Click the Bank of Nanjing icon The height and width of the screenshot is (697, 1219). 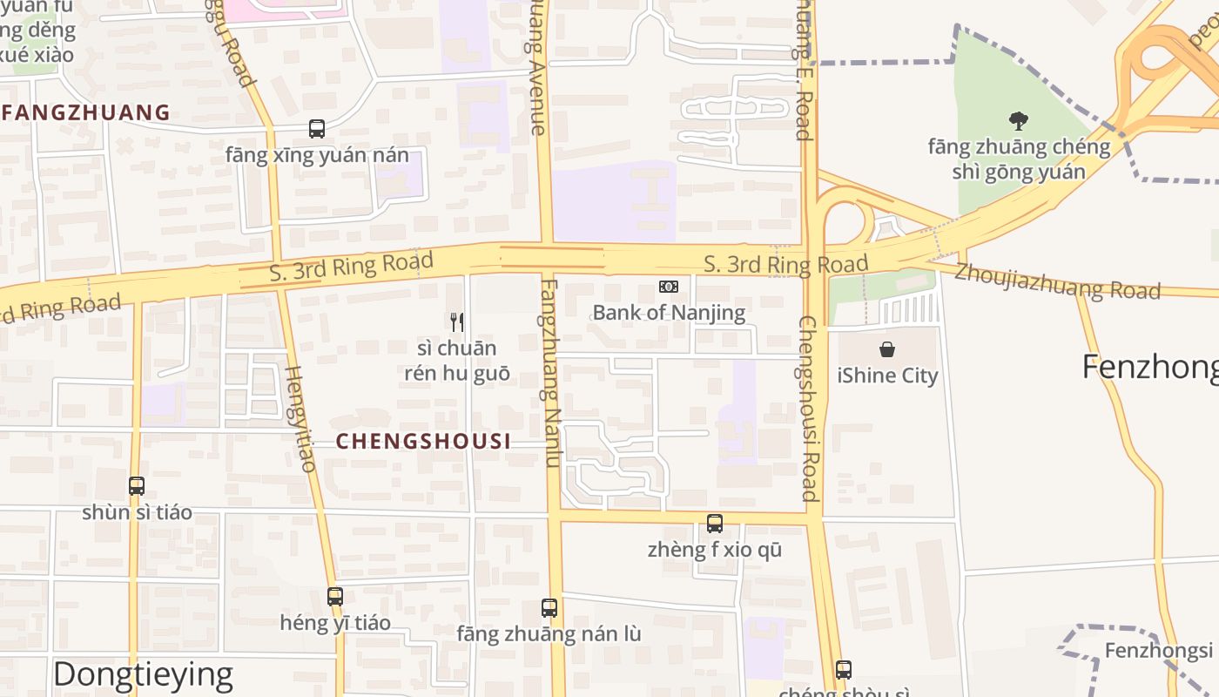pyautogui.click(x=669, y=287)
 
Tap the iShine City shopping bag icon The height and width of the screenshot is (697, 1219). pyautogui.click(x=886, y=349)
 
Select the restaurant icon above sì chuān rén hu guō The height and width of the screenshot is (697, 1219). pyautogui.click(x=457, y=322)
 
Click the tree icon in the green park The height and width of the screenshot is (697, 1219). pyautogui.click(x=1018, y=120)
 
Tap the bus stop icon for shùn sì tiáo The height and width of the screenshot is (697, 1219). pyautogui.click(x=137, y=486)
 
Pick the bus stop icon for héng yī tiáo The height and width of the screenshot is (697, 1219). pyautogui.click(x=335, y=597)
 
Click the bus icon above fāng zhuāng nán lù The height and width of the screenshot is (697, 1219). pyautogui.click(x=549, y=608)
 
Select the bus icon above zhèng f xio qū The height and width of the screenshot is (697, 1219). pyautogui.click(x=715, y=524)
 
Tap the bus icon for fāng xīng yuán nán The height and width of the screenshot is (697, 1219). pyautogui.click(x=317, y=129)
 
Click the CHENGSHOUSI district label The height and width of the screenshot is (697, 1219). pyautogui.click(x=424, y=442)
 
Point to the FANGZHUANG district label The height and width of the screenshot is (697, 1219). pyautogui.click(x=86, y=112)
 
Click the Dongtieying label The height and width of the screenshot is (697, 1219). pyautogui.click(x=143, y=674)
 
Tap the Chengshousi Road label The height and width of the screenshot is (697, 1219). pyautogui.click(x=808, y=409)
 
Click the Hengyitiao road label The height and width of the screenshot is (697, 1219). pyautogui.click(x=300, y=418)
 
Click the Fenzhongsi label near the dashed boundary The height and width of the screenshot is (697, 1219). pyautogui.click(x=1158, y=651)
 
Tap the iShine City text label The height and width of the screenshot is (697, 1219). pyautogui.click(x=887, y=376)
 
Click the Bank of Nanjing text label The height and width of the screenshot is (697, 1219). pyautogui.click(x=669, y=313)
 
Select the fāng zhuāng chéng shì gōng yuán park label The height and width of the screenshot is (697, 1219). pyautogui.click(x=1019, y=159)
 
